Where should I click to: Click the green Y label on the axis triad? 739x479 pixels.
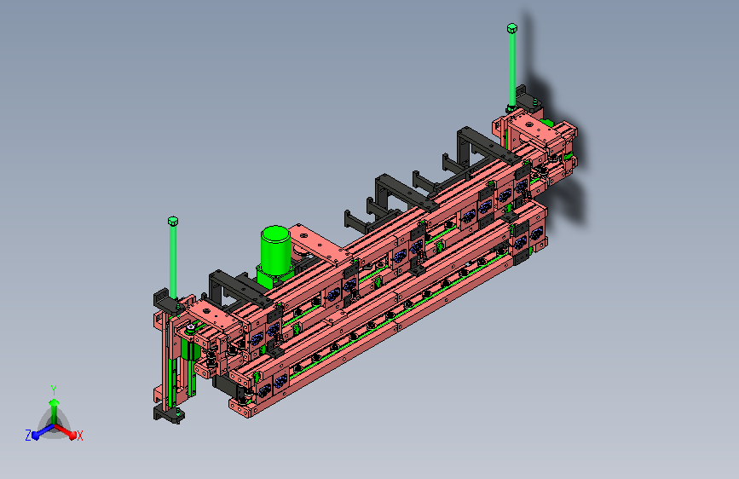(x=54, y=390)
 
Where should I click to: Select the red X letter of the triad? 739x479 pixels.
(x=79, y=436)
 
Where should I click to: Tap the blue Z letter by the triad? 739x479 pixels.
(x=28, y=436)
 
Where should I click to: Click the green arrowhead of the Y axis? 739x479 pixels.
(x=55, y=402)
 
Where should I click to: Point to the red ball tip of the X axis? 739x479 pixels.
(x=72, y=436)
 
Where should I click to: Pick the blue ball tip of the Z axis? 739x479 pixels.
(x=35, y=436)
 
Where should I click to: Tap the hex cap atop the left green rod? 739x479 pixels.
(x=173, y=221)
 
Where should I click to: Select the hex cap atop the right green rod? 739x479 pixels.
(x=511, y=28)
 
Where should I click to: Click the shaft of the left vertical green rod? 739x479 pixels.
(x=173, y=262)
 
